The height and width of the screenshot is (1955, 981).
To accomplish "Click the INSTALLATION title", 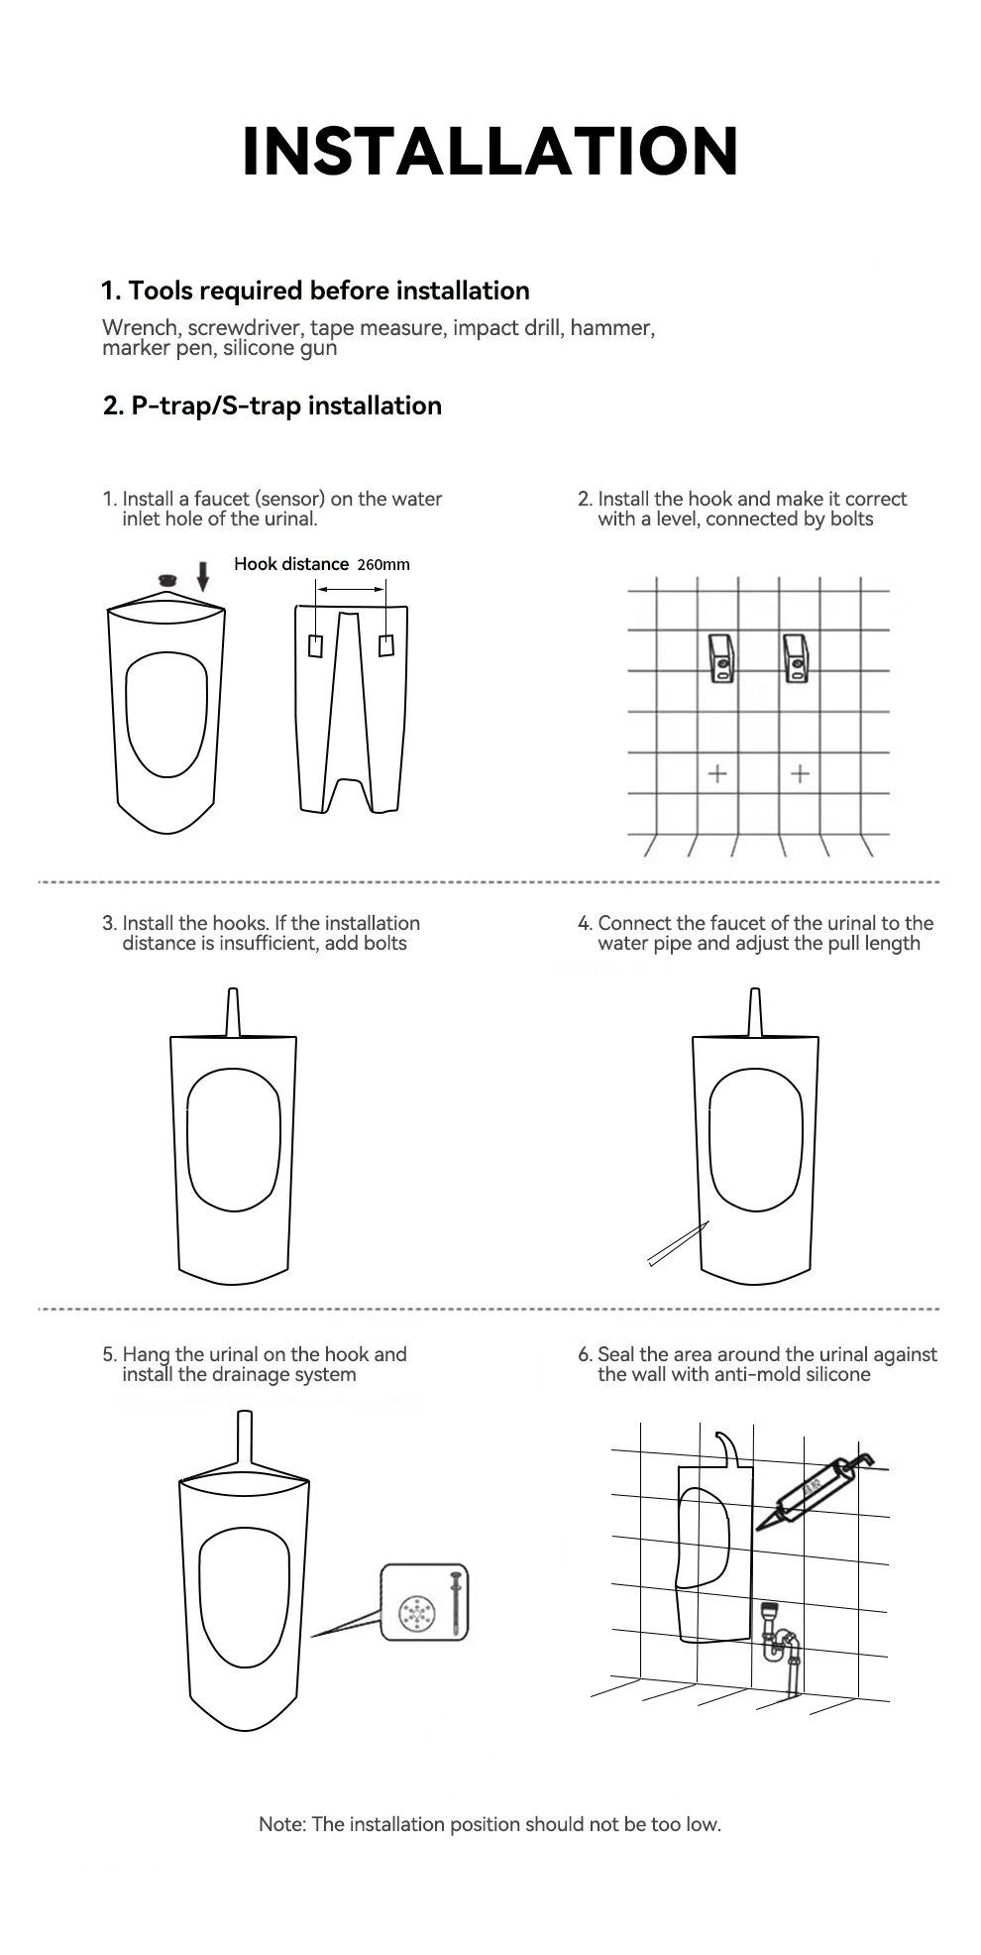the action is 490,152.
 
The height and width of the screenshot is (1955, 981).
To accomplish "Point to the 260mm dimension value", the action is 382,565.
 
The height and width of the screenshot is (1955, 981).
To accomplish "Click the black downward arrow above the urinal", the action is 203,577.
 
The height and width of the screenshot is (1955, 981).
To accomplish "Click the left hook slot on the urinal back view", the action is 315,645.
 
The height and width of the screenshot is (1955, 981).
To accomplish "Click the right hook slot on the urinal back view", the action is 385,644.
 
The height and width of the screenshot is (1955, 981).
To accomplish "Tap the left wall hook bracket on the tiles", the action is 721,658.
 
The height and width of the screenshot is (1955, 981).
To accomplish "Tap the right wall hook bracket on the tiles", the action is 797,658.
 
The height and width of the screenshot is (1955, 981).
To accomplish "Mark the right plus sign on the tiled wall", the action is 801,773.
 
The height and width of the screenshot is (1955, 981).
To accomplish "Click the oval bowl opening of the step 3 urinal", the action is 234,1135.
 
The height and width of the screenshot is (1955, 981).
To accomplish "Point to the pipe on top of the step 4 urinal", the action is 755,1012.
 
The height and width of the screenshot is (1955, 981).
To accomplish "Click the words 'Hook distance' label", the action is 291,564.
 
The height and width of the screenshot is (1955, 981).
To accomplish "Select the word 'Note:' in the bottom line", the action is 282,1824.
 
